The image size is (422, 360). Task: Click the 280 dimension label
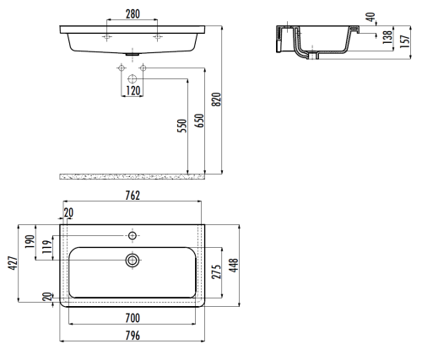click(x=133, y=13)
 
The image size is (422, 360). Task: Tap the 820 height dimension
click(x=217, y=99)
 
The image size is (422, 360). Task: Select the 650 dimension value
click(x=199, y=121)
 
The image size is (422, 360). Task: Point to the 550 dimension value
click(x=182, y=126)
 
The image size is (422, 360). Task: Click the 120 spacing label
click(x=133, y=90)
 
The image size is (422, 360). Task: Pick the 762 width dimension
click(x=133, y=196)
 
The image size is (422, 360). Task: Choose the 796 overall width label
click(x=133, y=336)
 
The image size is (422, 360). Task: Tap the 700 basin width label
click(x=133, y=318)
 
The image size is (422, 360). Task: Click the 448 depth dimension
click(x=234, y=266)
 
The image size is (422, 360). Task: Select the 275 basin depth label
click(x=217, y=271)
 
